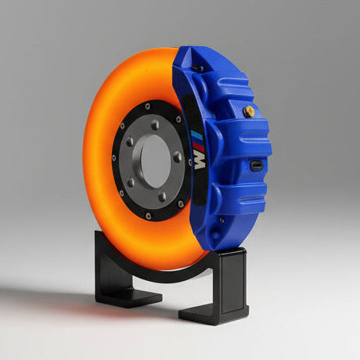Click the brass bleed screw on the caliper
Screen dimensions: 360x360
pos(249,112)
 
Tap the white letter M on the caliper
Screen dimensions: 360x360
pos(200,160)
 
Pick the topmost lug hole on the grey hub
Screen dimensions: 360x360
pos(154,124)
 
